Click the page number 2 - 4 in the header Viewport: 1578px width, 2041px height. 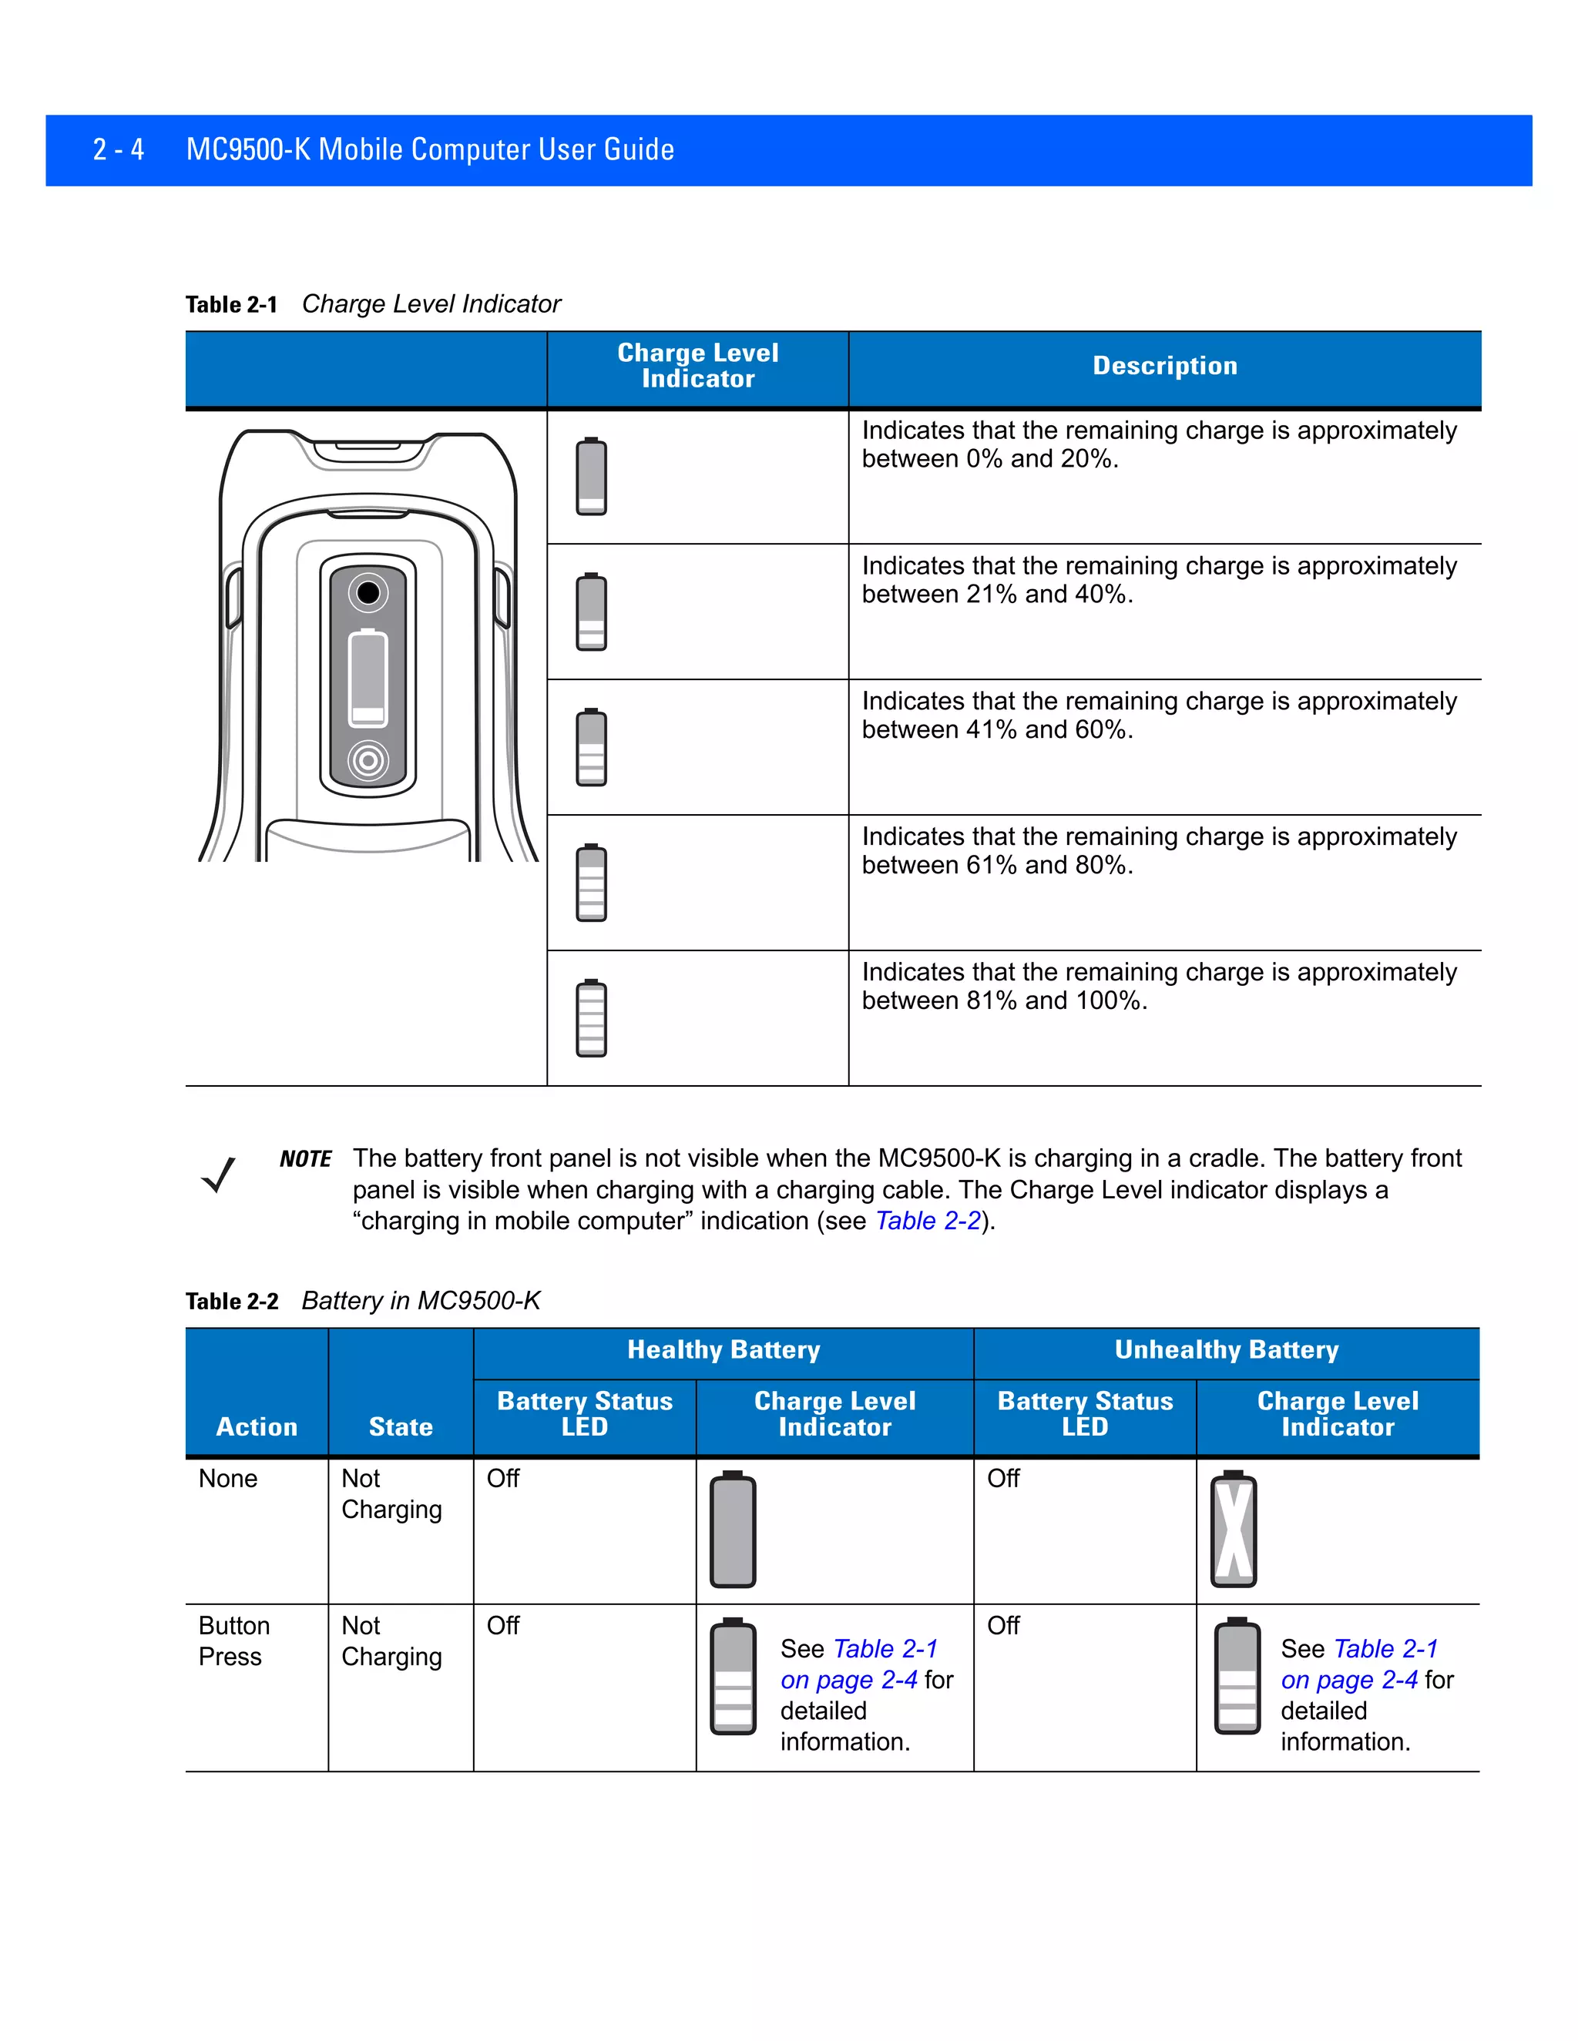pyautogui.click(x=118, y=149)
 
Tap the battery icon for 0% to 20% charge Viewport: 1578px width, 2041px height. pyautogui.click(x=591, y=476)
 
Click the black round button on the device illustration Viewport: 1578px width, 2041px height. pyautogui.click(x=368, y=592)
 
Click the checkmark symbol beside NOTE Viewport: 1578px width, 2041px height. pyautogui.click(x=219, y=1175)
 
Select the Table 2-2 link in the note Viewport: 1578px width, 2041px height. pyautogui.click(x=928, y=1221)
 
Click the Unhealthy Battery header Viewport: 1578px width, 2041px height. pyautogui.click(x=1226, y=1349)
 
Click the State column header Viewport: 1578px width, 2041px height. pyautogui.click(x=400, y=1426)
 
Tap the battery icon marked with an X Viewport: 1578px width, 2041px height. pyautogui.click(x=1233, y=1529)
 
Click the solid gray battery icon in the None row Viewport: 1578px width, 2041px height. pyautogui.click(x=733, y=1529)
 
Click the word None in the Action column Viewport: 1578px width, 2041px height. pyautogui.click(x=227, y=1479)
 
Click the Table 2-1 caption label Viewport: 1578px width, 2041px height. pyautogui.click(x=231, y=305)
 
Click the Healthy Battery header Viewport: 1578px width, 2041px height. pyautogui.click(x=723, y=1349)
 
